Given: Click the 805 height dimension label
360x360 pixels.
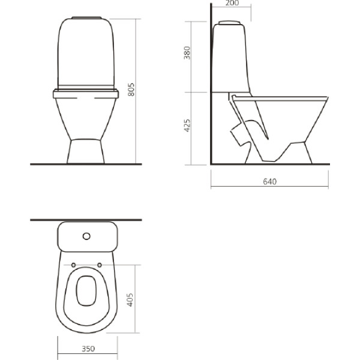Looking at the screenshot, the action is pyautogui.click(x=131, y=89).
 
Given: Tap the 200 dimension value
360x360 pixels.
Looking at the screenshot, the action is pyautogui.click(x=232, y=3).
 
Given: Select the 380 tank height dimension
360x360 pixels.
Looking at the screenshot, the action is pyautogui.click(x=187, y=53).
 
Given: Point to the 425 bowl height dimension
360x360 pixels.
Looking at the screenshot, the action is pyautogui.click(x=187, y=125).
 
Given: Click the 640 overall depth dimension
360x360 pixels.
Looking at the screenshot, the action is pyautogui.click(x=269, y=182).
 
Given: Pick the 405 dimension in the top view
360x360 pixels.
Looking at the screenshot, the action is pyautogui.click(x=130, y=299).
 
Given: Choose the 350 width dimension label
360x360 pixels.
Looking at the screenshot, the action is pyautogui.click(x=88, y=349).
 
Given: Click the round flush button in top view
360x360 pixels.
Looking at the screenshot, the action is pyautogui.click(x=86, y=236).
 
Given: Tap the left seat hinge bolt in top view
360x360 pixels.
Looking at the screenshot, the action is pyautogui.click(x=73, y=265).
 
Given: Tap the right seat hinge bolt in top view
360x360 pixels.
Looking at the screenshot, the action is pyautogui.click(x=100, y=265).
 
